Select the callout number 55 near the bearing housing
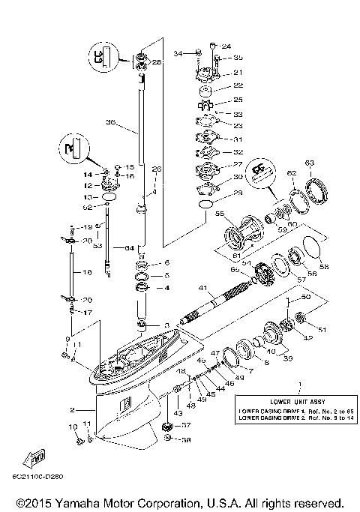[220, 214]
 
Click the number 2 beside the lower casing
[72, 409]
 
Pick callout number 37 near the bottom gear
[185, 425]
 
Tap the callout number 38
[185, 441]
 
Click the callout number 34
[178, 54]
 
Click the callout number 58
[323, 265]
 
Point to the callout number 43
[178, 412]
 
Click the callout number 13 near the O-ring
[88, 197]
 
